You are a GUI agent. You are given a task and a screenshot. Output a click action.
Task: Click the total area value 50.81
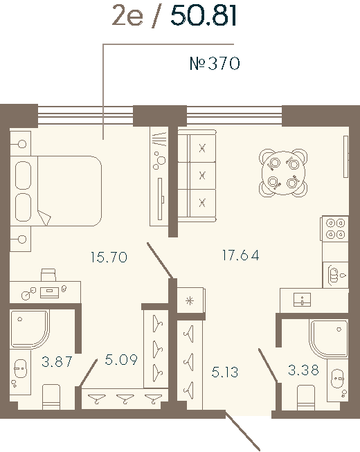[x=204, y=15]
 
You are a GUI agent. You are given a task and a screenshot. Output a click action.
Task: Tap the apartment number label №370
[x=215, y=64]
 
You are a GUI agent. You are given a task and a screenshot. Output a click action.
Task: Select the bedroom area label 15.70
[x=109, y=257]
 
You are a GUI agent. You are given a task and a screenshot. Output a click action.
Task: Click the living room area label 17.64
[x=240, y=255]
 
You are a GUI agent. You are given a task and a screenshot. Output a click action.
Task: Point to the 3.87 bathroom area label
[x=57, y=361]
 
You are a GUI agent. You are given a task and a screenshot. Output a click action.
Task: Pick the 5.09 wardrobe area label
[x=122, y=360]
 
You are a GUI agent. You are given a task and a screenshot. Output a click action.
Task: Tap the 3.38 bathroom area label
[x=303, y=370]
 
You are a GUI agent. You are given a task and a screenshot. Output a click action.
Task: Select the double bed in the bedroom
[x=59, y=191]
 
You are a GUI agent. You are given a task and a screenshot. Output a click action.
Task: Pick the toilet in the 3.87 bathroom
[x=52, y=397]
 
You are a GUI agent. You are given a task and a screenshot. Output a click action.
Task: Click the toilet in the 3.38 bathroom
[x=306, y=397]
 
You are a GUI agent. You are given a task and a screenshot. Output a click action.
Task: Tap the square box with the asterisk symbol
[x=187, y=301]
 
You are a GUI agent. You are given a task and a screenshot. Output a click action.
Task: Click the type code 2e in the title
[x=127, y=15]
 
